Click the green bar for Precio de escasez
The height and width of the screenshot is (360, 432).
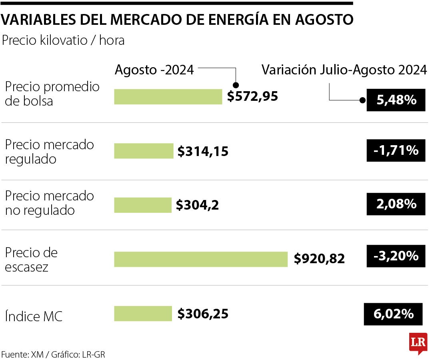[x=201, y=259]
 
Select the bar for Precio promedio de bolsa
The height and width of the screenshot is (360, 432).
[x=168, y=96]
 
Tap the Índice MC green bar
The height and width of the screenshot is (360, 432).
[x=143, y=314]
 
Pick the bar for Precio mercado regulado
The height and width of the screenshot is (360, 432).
[x=144, y=151]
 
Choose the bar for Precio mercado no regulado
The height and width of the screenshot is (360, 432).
[x=142, y=205]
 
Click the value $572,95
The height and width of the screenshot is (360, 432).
[x=252, y=96]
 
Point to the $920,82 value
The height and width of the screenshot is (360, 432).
[x=319, y=259]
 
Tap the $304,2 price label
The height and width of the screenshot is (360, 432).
[x=198, y=205]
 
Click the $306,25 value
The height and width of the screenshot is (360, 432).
[x=203, y=314]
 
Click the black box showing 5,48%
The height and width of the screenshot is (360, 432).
[x=396, y=100]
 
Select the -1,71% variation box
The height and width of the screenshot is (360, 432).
[x=396, y=150]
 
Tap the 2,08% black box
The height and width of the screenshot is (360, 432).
[x=396, y=204]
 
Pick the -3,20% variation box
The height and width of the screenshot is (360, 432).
[x=396, y=256]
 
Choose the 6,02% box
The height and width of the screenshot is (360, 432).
[x=393, y=314]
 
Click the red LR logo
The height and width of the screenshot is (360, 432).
[x=418, y=342]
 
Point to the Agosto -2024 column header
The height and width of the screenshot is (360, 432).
[x=154, y=70]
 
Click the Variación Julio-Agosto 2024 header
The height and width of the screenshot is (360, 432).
[x=344, y=70]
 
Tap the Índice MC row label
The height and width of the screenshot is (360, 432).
[x=34, y=317]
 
